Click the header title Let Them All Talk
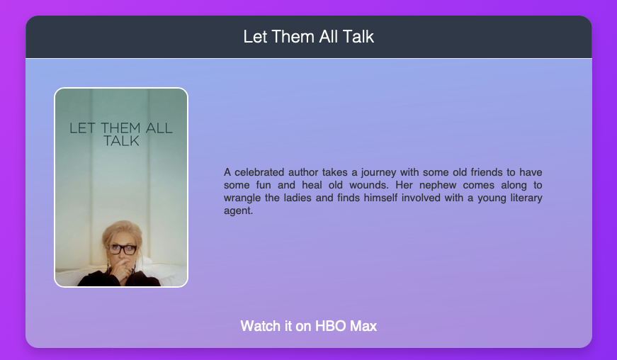(x=309, y=37)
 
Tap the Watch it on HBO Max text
(x=309, y=326)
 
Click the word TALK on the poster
(x=121, y=141)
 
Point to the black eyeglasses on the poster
(x=122, y=249)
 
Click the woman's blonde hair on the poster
(x=121, y=233)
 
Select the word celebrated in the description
(x=259, y=172)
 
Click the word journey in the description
(x=378, y=173)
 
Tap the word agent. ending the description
(x=238, y=211)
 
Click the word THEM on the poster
(x=120, y=128)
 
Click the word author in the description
(x=303, y=172)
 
